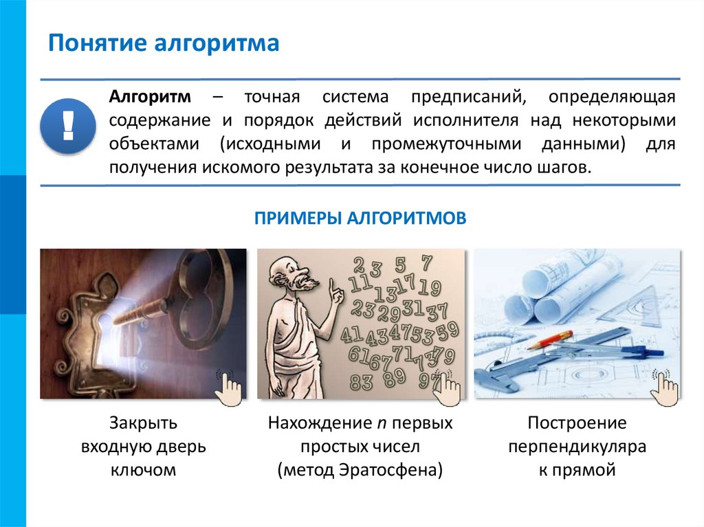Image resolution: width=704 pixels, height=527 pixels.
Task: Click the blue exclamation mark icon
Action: pos(67,125)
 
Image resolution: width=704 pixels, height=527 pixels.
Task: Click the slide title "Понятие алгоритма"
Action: pos(163,44)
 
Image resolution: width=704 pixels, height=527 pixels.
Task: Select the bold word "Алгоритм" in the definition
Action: pos(150,97)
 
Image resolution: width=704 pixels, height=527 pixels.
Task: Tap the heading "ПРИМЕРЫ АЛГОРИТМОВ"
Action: pos(360,218)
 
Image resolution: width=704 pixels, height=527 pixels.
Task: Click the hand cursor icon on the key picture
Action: pos(227,386)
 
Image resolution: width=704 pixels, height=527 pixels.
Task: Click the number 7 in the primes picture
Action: pos(426,263)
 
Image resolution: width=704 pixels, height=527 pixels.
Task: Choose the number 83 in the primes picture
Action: pos(361,382)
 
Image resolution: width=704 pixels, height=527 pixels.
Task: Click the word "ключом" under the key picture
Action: pos(143,470)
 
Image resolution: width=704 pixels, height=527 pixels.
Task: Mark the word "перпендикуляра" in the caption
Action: pos(577,447)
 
